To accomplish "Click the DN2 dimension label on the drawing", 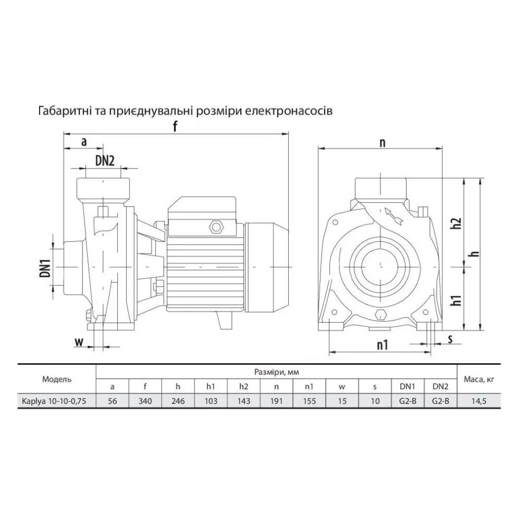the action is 105,161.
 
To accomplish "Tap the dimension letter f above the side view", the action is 175,126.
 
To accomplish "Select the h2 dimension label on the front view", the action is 456,223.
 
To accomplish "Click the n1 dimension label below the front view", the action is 382,344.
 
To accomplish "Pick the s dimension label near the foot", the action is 450,338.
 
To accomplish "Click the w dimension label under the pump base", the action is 79,342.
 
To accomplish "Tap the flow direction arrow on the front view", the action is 394,216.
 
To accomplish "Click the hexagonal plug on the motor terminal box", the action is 216,227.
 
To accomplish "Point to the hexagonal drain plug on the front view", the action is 380,315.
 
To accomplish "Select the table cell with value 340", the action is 145,401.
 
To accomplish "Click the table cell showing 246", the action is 178,401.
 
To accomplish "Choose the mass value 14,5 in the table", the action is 478,401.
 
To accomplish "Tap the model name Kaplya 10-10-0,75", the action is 54,401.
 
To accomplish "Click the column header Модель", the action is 56,379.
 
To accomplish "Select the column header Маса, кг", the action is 479,379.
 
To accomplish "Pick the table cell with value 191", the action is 276,401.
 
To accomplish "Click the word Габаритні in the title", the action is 64,111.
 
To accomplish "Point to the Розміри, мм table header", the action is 277,372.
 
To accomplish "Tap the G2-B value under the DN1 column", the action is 408,401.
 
